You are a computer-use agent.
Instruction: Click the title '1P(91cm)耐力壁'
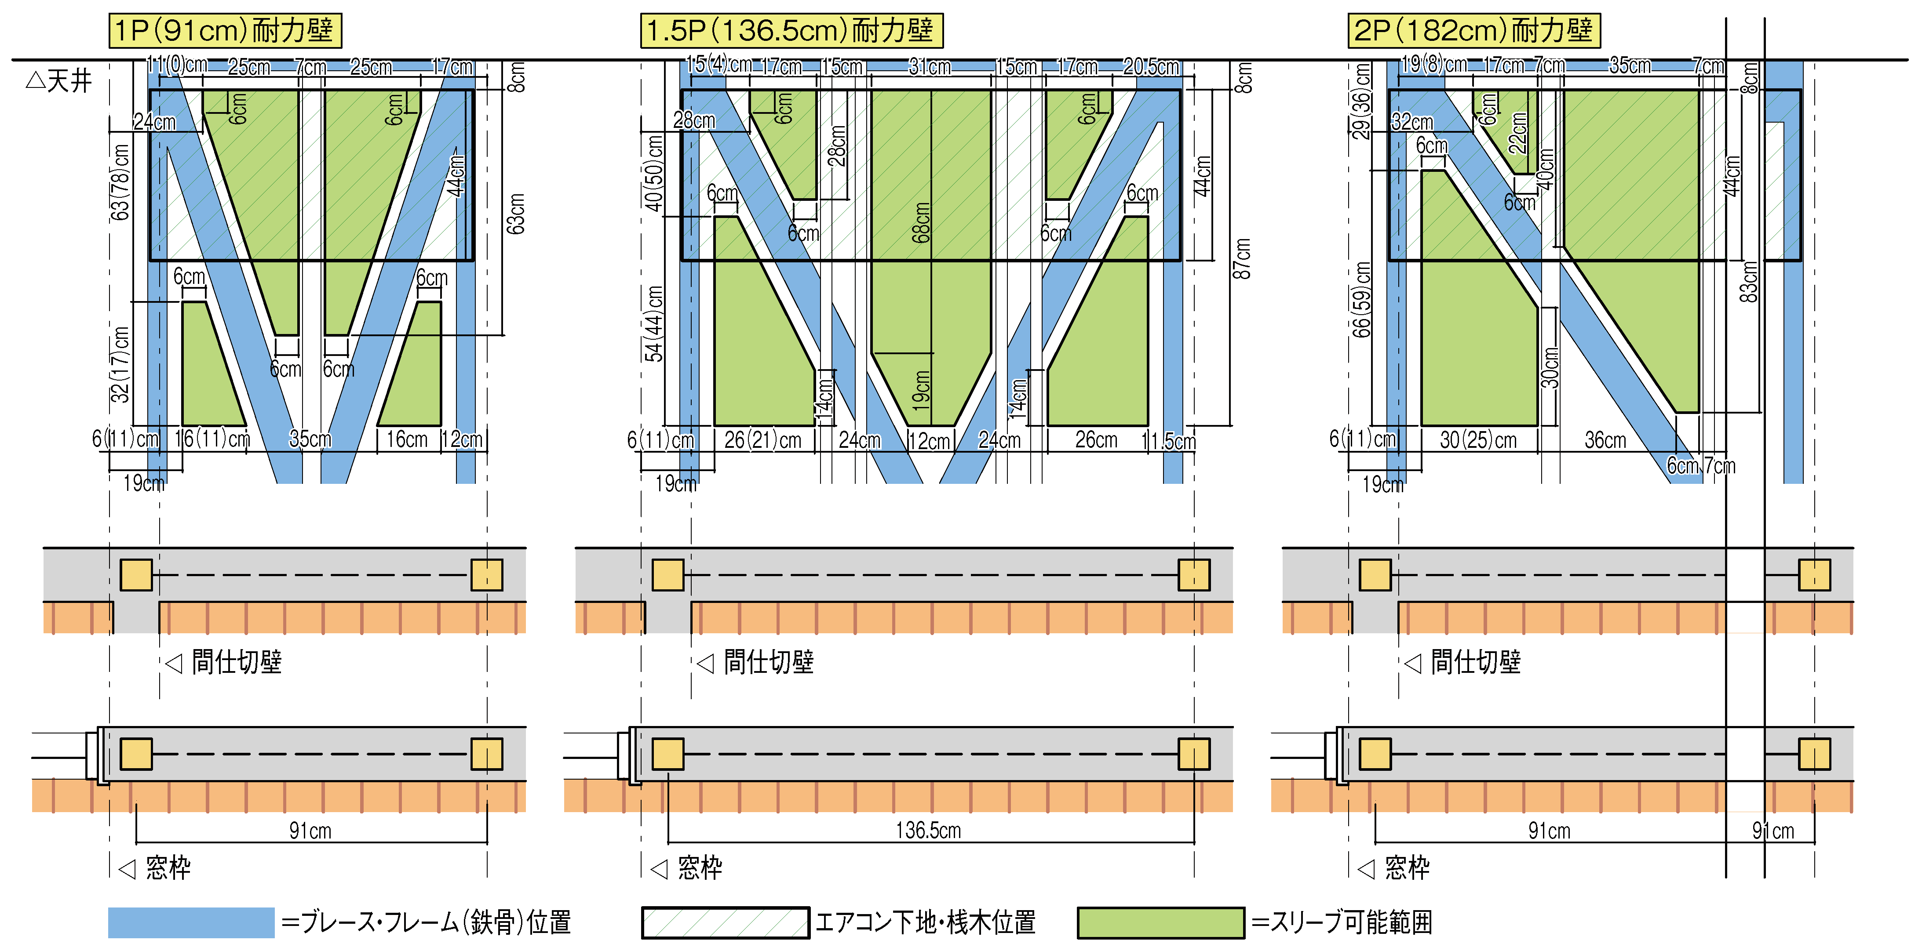point(225,31)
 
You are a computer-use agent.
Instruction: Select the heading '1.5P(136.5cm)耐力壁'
point(791,31)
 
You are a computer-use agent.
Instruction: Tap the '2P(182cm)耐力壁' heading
point(1473,31)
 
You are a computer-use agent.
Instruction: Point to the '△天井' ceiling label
point(60,80)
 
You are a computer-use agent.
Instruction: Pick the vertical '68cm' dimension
point(922,222)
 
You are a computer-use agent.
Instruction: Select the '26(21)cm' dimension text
point(762,440)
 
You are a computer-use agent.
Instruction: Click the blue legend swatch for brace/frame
point(191,923)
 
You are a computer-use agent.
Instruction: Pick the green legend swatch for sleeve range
point(1160,923)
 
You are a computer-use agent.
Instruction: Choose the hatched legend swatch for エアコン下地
point(725,923)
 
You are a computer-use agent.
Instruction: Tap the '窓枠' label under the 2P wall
point(1406,868)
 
